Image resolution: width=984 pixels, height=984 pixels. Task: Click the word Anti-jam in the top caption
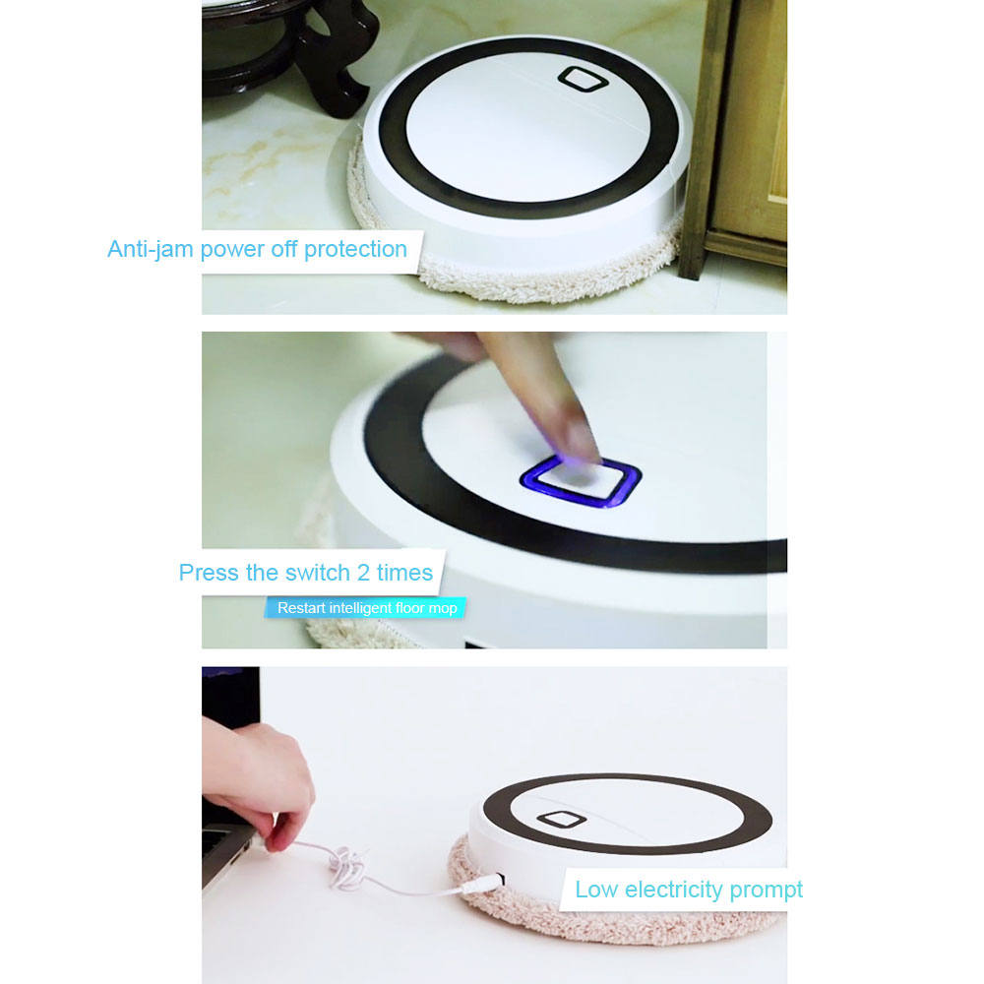click(x=151, y=249)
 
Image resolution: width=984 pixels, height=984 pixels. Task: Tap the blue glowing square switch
click(x=581, y=482)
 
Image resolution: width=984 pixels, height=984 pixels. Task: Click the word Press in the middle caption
click(x=208, y=573)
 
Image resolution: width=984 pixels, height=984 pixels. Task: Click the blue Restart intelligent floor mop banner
click(x=366, y=608)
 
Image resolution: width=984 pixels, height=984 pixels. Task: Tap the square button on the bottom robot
click(x=559, y=820)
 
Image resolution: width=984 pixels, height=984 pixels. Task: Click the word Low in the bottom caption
click(x=596, y=891)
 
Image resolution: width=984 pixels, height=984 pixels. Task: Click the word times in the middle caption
click(x=404, y=573)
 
